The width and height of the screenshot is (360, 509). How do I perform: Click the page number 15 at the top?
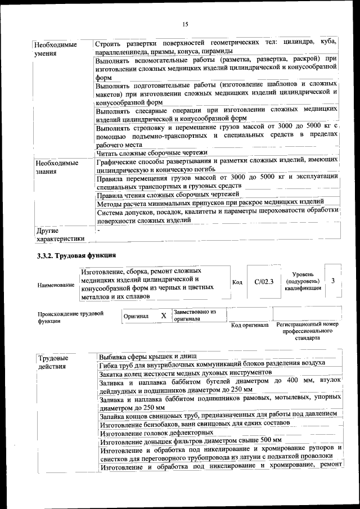click(185, 23)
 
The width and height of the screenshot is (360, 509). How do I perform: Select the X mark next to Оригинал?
click(164, 316)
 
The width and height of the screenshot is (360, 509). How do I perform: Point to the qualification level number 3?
click(333, 281)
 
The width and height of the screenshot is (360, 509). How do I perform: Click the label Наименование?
click(56, 285)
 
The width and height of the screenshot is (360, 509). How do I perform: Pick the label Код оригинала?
click(250, 325)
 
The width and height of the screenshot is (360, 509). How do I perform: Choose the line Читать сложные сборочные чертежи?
click(152, 152)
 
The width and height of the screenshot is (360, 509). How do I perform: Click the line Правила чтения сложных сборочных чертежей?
click(168, 194)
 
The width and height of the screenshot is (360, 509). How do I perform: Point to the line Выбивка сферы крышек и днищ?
click(147, 357)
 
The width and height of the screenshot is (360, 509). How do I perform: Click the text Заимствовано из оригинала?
click(195, 315)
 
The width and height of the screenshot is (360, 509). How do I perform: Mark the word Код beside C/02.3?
click(237, 282)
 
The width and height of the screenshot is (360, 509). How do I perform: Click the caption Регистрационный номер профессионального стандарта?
click(307, 331)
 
